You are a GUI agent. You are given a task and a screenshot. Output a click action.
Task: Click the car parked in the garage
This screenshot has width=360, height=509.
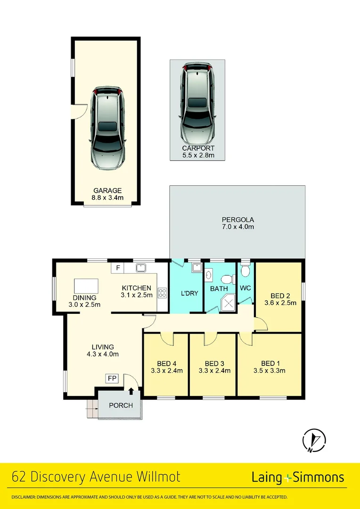coord(108,129)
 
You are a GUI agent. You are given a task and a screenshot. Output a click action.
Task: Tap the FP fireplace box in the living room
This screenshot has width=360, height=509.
coord(112,378)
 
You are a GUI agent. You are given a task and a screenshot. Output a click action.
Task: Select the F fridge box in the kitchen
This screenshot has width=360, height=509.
coord(118,268)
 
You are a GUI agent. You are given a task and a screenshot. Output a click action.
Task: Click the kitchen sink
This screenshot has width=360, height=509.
coord(140,268)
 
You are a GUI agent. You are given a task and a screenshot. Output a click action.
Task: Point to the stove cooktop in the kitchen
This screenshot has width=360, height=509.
coord(163,293)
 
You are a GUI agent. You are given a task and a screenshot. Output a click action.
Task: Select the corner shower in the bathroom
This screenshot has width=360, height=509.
coord(228,302)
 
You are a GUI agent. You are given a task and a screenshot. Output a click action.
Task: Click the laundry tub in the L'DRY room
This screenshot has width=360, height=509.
coord(196,268)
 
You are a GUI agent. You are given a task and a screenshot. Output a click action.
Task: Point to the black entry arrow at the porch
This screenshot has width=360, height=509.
coord(131,390)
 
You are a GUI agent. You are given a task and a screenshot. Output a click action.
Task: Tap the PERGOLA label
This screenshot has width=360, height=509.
coord(238,220)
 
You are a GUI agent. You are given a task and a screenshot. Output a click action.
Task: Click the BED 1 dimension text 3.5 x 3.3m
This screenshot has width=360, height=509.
coord(270,370)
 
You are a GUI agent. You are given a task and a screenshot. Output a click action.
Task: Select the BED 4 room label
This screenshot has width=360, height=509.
coord(167,363)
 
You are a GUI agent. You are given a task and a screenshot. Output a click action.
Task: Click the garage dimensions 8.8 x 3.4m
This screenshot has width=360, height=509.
coord(107,197)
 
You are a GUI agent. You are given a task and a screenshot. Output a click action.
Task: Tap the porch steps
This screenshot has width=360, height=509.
coord(91,408)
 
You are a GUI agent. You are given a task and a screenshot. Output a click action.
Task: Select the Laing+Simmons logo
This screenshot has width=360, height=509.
coord(298,477)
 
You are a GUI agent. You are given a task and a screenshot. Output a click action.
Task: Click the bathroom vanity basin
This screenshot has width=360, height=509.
coord(209,275)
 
